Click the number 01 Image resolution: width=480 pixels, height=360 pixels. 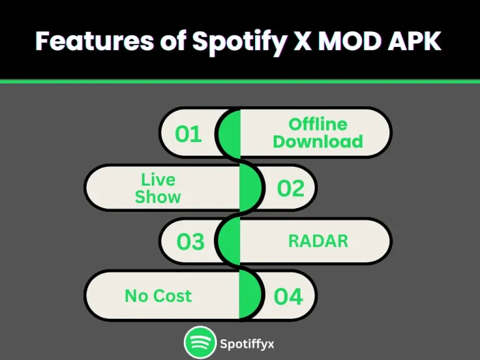coord(188,134)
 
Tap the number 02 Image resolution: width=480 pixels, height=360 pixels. coord(291,188)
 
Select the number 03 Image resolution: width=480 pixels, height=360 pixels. coord(190,242)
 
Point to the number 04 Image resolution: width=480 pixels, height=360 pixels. coord(288,296)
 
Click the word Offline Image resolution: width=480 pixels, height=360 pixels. coord(317,124)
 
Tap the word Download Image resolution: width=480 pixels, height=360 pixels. coord(317,141)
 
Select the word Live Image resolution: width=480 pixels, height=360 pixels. coord(158,180)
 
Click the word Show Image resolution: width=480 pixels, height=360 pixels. coord(158,197)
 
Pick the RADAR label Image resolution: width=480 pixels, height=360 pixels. coord(317,241)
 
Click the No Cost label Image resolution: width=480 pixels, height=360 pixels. coord(158,296)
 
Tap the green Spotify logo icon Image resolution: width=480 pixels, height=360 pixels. coord(199,343)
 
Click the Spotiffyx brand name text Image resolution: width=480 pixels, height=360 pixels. coord(246,344)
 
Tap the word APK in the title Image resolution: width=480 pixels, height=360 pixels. coord(417,41)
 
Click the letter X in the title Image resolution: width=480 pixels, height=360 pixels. coord(302,41)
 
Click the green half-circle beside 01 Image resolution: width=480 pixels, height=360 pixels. coord(229,133)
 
